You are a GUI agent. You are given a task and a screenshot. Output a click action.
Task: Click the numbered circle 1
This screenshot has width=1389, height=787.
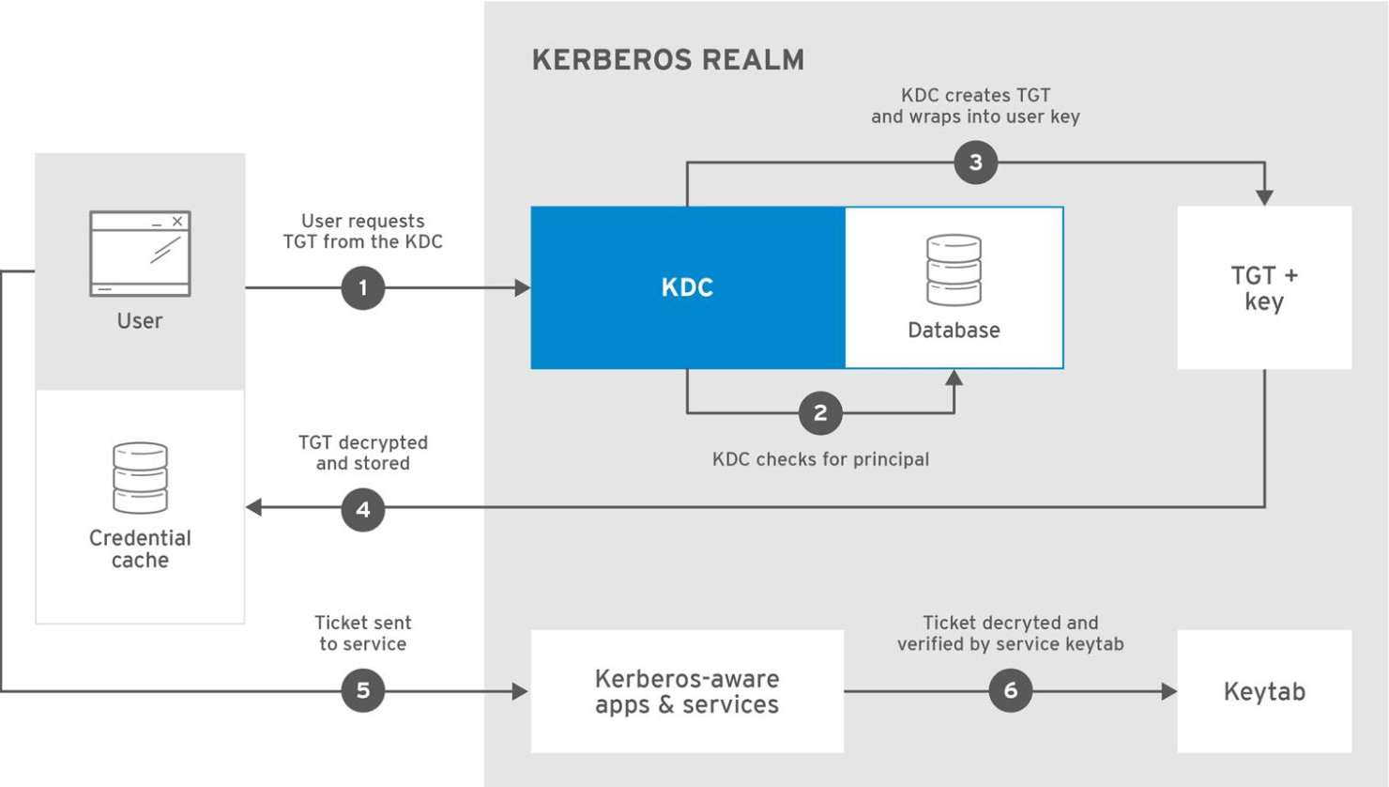click(363, 288)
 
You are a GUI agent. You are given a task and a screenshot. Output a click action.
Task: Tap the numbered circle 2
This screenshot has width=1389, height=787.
click(820, 413)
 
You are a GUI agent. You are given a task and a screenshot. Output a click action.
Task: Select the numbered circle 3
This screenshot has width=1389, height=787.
click(975, 162)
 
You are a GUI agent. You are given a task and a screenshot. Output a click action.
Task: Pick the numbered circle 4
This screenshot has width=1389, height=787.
click(363, 510)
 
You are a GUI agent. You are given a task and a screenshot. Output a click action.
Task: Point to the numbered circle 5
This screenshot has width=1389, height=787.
click(363, 691)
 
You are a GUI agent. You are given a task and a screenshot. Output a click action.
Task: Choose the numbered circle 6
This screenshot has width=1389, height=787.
click(1010, 691)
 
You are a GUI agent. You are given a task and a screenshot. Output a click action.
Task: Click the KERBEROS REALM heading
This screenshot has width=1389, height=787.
click(667, 60)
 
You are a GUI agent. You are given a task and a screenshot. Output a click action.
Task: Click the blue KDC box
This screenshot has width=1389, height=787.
click(688, 287)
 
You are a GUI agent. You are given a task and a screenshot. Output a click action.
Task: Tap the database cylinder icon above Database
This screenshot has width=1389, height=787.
click(954, 270)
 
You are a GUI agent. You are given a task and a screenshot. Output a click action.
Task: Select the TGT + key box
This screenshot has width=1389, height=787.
click(1263, 287)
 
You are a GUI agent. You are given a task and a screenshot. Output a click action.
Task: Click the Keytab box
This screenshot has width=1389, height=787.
click(1263, 691)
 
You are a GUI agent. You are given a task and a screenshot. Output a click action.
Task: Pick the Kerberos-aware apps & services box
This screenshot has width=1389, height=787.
click(687, 691)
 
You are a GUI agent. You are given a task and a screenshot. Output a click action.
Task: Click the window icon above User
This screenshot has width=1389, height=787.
click(140, 254)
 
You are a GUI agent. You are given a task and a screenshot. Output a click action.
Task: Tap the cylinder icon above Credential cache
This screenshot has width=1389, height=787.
click(140, 478)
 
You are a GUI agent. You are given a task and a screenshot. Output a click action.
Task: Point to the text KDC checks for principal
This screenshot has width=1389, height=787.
click(820, 459)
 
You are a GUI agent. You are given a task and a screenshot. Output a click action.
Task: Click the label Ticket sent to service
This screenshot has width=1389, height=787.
click(363, 633)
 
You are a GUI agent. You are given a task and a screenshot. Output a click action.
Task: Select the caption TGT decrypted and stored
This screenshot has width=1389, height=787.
click(363, 453)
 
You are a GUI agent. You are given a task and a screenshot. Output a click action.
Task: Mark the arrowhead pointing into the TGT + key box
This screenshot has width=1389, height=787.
click(1264, 197)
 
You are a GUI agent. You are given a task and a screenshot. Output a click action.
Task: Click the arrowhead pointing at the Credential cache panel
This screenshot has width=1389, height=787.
click(254, 507)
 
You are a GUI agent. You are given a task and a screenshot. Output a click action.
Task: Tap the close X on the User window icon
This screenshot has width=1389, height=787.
click(177, 222)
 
